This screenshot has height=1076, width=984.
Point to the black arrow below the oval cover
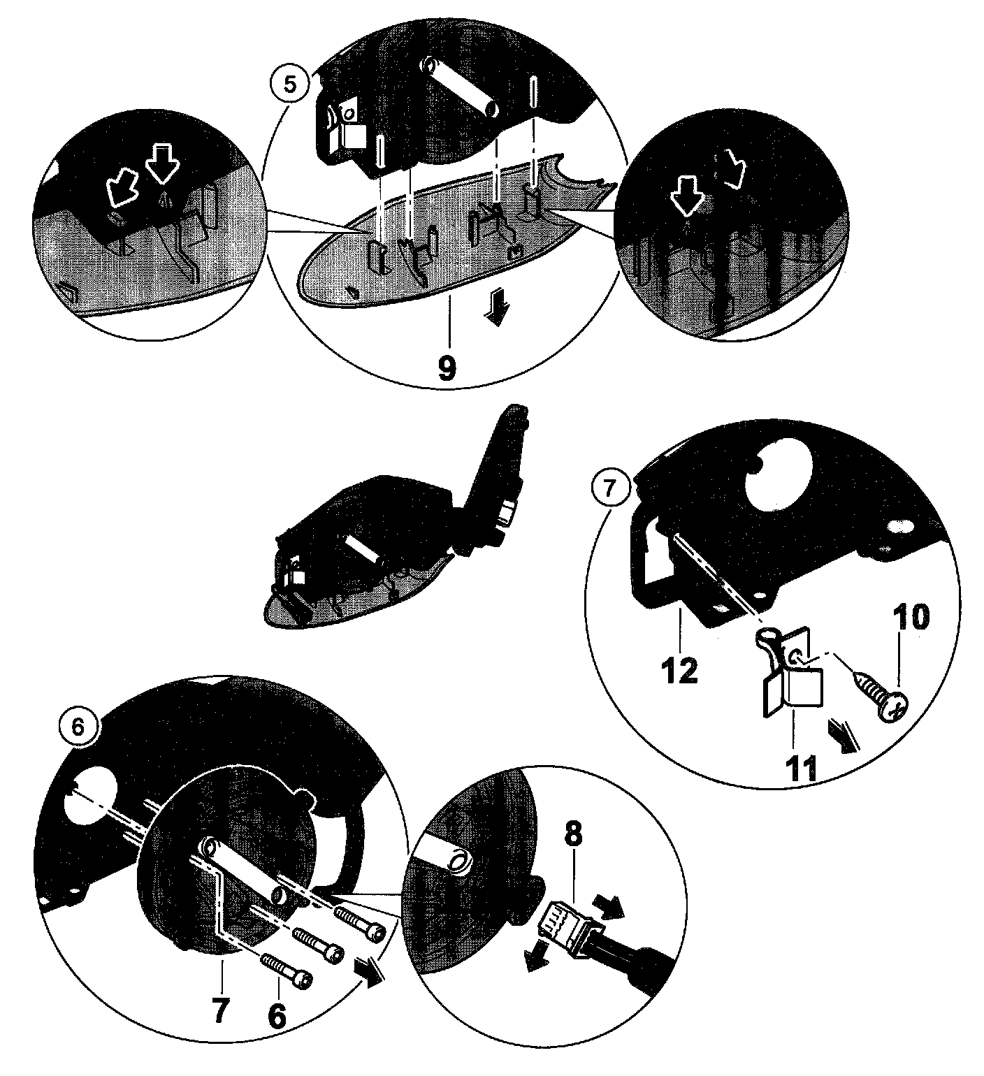click(497, 310)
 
